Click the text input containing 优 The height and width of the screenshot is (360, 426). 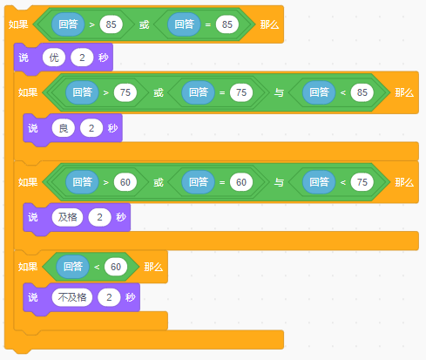point(54,58)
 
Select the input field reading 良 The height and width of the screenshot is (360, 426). point(64,128)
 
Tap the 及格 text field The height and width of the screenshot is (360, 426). point(67,217)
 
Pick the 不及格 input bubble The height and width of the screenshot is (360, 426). point(72,297)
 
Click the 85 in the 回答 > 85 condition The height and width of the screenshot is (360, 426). point(111,24)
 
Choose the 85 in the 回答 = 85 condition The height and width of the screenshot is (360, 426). point(227,24)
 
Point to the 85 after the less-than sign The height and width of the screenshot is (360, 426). point(362,92)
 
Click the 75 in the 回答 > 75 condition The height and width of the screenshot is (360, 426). point(125,92)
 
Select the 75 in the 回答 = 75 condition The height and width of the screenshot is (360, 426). point(241,92)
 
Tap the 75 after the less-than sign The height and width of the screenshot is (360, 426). point(362,182)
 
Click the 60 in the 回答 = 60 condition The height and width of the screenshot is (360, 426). point(241,182)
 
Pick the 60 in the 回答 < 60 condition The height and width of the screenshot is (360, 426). point(116,267)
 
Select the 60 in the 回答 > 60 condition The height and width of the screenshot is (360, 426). point(125,182)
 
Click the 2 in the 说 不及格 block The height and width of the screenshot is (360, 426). point(109,297)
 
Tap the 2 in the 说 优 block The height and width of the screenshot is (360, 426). point(82,58)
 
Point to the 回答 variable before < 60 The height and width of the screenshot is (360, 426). point(73,267)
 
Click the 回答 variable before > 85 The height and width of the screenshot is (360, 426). point(68,24)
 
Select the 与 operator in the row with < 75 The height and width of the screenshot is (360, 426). point(279,182)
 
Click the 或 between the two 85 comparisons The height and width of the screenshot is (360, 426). point(144,24)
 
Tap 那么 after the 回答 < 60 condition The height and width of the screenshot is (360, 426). point(153,267)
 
